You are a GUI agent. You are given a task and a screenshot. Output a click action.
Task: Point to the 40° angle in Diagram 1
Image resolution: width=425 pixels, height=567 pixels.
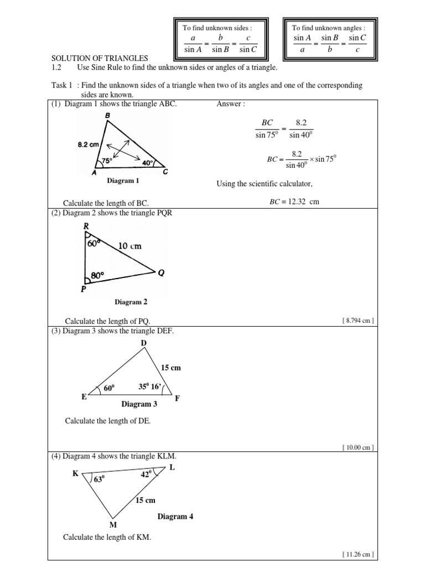point(148,163)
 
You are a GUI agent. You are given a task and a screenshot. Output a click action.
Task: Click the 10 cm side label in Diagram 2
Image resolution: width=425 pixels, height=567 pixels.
point(130,245)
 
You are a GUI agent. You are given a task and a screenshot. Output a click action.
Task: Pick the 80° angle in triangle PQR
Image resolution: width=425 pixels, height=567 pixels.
point(97,275)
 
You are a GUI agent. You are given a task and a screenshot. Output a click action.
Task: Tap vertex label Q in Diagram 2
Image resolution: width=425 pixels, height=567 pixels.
point(161,273)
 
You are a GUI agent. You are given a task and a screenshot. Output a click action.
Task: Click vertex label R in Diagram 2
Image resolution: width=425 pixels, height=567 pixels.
point(86,226)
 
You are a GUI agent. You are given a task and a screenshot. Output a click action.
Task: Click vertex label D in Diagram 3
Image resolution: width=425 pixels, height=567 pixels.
point(143,344)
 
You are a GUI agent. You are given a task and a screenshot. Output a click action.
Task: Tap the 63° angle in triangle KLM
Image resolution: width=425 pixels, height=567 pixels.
point(99,479)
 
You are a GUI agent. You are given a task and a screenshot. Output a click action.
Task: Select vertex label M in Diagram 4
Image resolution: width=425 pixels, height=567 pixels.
point(112,524)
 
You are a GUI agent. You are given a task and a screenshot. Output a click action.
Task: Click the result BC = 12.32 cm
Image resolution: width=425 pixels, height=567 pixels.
point(294,202)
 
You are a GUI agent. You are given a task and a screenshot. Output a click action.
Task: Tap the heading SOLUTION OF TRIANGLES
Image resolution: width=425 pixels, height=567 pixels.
point(100,58)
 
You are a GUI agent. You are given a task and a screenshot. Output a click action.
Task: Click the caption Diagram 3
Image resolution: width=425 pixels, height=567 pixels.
point(139,404)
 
